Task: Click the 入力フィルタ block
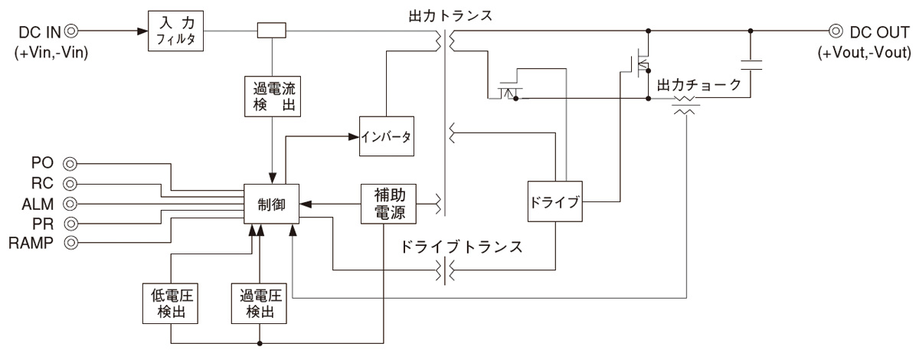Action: [177, 32]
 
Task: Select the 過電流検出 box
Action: [273, 95]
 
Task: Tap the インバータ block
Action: [387, 138]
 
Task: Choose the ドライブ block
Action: [554, 203]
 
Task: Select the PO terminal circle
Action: [70, 163]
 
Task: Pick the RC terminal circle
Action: [70, 184]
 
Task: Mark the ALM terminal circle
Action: [70, 204]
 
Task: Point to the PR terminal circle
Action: [70, 224]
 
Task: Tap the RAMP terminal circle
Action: [70, 244]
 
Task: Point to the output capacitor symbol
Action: [751, 64]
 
